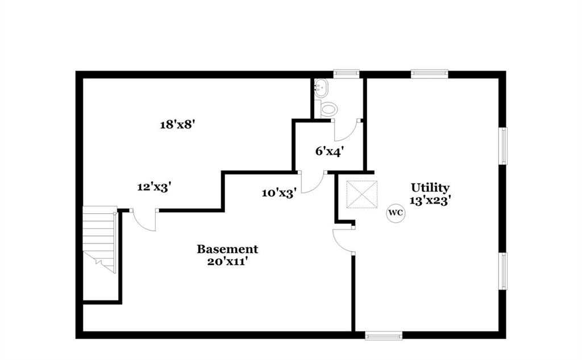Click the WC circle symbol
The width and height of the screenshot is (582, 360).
pyautogui.click(x=396, y=213)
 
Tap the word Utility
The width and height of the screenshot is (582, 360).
pyautogui.click(x=430, y=188)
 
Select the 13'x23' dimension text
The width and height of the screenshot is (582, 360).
pyautogui.click(x=430, y=200)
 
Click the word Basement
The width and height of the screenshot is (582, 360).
pyautogui.click(x=227, y=249)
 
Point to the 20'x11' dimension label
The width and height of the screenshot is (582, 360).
pyautogui.click(x=227, y=262)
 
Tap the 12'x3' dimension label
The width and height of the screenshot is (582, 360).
pyautogui.click(x=154, y=187)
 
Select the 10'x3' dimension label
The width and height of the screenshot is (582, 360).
pyautogui.click(x=278, y=193)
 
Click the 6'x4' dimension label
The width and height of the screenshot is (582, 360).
pyautogui.click(x=330, y=152)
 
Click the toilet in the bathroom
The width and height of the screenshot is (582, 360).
pyautogui.click(x=327, y=109)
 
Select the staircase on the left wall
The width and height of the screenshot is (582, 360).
pyautogui.click(x=100, y=239)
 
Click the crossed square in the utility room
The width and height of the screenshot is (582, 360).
pyautogui.click(x=361, y=195)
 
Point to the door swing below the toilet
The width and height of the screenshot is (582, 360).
pyautogui.click(x=346, y=130)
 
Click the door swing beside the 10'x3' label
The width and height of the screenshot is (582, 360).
pyautogui.click(x=312, y=183)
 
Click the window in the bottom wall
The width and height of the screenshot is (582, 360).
pyautogui.click(x=384, y=336)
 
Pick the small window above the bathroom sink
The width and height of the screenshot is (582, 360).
pyautogui.click(x=346, y=73)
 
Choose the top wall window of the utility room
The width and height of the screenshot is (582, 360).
pyautogui.click(x=429, y=73)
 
